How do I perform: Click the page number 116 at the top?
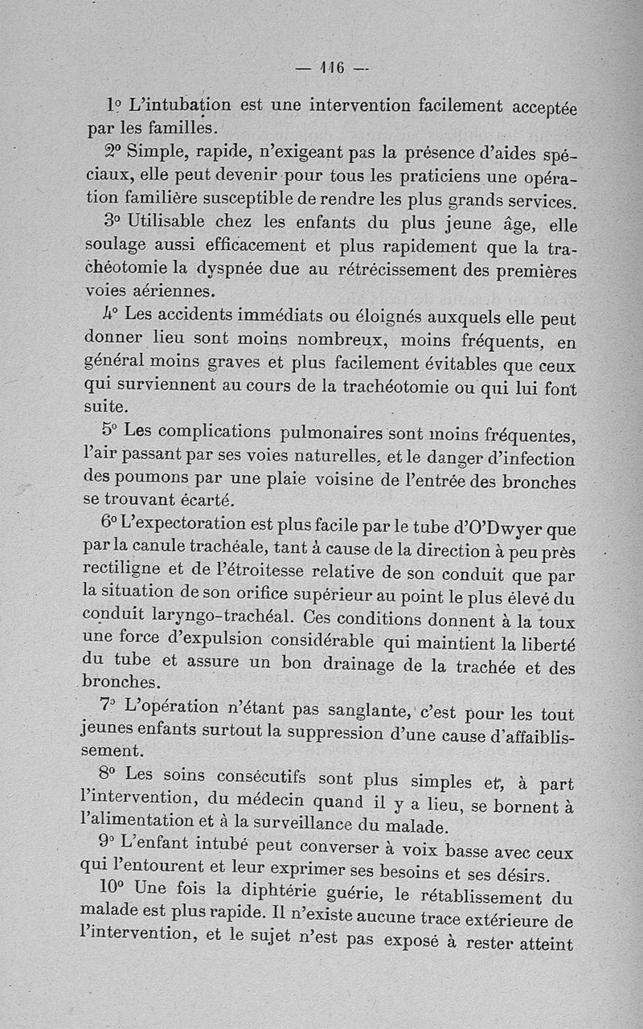tap(331, 68)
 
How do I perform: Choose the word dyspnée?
tap(235, 268)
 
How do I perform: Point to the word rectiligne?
tap(126, 568)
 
